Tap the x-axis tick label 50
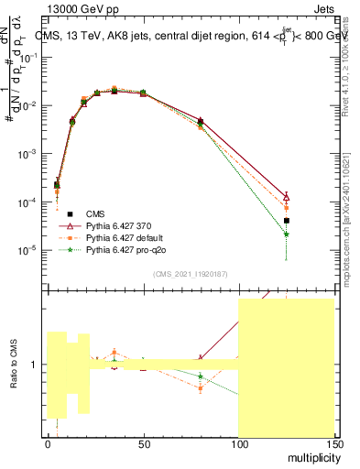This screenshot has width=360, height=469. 143,444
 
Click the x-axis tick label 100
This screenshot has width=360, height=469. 238,444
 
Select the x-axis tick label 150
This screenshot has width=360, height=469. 333,444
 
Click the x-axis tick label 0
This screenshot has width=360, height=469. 48,444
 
